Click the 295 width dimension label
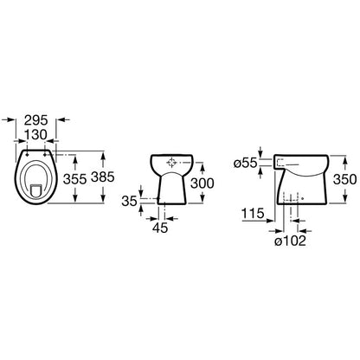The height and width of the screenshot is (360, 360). point(35,120)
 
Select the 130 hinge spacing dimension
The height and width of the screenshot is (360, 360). point(35,134)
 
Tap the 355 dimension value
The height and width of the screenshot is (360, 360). point(74,179)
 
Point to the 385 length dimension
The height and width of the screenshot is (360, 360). point(103,177)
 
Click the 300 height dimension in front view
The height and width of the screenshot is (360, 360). point(202,183)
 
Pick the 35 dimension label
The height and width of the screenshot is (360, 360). point(129,201)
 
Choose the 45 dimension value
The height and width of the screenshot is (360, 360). point(160,228)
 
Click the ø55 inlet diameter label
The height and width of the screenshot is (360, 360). point(246,164)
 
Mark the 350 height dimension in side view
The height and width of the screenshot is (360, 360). point(344,179)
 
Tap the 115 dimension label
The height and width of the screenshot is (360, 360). point(253,214)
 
